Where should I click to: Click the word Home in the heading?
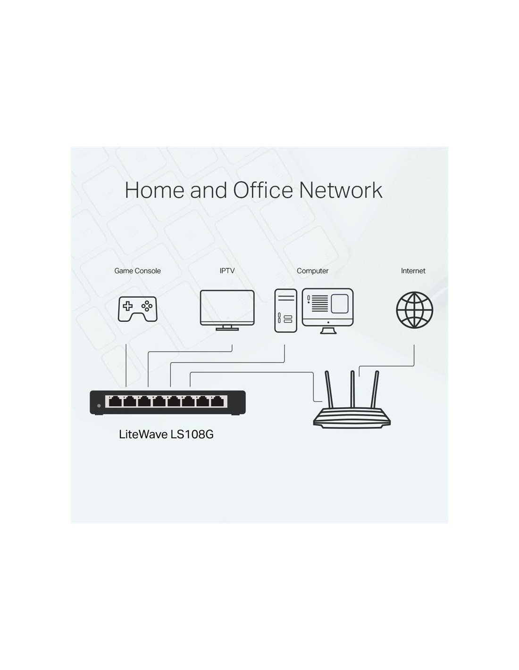[154, 190]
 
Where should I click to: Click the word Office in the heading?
[262, 190]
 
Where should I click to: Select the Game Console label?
[137, 271]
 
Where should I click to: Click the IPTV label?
[227, 271]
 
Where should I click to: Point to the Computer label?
[312, 271]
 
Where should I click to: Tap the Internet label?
[413, 271]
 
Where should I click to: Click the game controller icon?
[137, 309]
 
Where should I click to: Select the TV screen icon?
[227, 310]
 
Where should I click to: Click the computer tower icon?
[285, 310]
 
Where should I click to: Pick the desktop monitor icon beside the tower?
[327, 311]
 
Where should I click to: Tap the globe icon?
[414, 310]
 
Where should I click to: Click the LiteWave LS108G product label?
[166, 434]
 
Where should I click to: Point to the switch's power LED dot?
[99, 406]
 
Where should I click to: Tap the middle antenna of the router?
[352, 390]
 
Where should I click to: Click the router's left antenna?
[329, 390]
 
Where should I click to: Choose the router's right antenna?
[375, 390]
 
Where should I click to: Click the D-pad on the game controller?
[128, 306]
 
